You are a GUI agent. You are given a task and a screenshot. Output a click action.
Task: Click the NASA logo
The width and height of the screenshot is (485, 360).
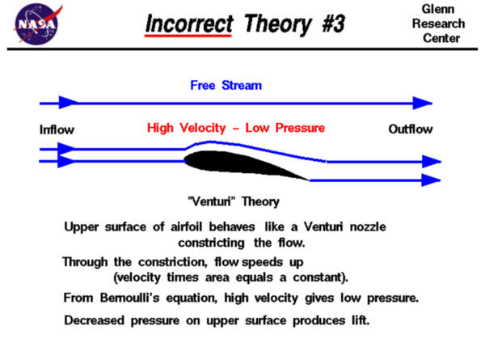(x=37, y=23)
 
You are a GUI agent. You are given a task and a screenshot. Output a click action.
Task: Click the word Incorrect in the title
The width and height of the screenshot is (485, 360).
(x=189, y=23)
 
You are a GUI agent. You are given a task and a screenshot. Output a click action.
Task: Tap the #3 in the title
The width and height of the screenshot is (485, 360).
(x=333, y=23)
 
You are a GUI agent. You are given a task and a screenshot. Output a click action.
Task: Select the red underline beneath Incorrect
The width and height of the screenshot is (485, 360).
(x=188, y=36)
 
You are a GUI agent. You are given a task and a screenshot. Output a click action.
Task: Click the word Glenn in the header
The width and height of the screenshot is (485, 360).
(x=438, y=9)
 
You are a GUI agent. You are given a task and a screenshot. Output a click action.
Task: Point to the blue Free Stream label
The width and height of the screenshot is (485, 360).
(x=226, y=85)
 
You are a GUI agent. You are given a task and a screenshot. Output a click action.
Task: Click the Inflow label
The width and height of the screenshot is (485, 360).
(x=57, y=129)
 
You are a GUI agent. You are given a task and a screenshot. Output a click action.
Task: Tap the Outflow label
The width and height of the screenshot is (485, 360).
(x=411, y=129)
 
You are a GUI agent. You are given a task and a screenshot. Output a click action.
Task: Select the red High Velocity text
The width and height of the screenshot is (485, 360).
(x=187, y=128)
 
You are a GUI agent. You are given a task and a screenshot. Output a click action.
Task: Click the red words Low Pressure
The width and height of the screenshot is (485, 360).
(x=285, y=128)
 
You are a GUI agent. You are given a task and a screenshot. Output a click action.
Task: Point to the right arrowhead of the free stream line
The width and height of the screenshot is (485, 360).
(x=423, y=103)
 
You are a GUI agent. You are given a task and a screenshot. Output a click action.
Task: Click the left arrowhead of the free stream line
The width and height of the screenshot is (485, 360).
(x=69, y=103)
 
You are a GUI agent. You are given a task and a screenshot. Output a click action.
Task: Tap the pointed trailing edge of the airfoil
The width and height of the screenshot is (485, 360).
(x=310, y=180)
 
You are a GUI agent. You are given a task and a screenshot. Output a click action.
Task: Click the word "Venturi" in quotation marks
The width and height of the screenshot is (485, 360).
(x=211, y=201)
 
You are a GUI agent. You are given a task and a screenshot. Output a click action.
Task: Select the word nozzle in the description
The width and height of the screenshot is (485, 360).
(x=368, y=227)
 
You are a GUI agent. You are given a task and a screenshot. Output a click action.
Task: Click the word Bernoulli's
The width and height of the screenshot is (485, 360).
(x=130, y=298)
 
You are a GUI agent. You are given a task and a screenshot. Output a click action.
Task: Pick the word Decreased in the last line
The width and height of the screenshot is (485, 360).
(x=94, y=320)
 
